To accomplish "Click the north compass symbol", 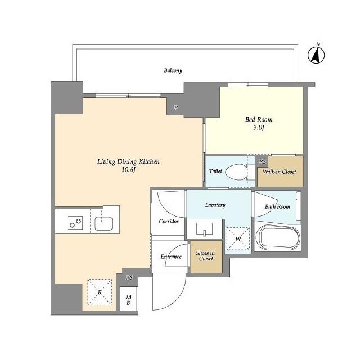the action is [316, 55].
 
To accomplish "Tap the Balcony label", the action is [173, 70].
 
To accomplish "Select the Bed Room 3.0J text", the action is [259, 123].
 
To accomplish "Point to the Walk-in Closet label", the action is [280, 172].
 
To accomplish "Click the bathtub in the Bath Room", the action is [277, 237].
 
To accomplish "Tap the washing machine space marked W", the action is [238, 238].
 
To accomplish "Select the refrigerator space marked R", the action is [100, 292].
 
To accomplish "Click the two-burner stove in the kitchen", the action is [75, 223].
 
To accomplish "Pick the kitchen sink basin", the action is [103, 223].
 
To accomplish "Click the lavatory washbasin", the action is [205, 229].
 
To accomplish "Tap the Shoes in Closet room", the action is [206, 256].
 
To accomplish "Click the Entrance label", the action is [171, 256].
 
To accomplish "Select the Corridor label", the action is [169, 221].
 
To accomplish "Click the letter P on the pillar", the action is [176, 107].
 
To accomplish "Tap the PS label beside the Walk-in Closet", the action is [263, 161].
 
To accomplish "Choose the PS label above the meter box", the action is [129, 277].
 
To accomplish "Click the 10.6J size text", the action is [129, 170].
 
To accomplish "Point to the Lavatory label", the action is [215, 205].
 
